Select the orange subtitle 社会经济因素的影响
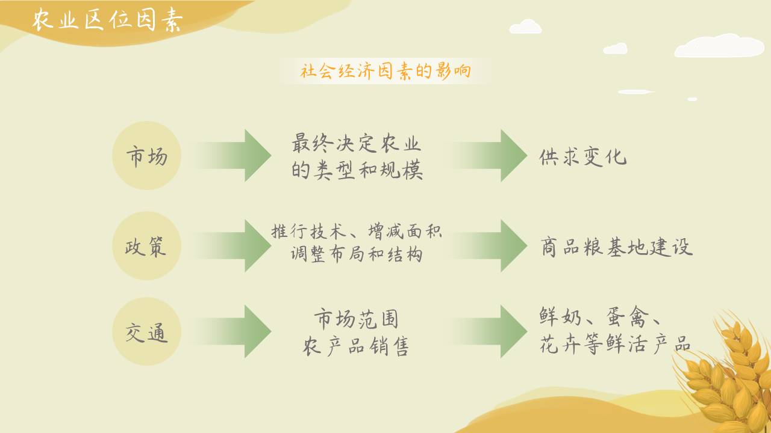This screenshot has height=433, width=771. pos(385,72)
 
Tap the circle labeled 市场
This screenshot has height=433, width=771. pos(146,156)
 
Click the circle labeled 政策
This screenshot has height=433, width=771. pos(146,246)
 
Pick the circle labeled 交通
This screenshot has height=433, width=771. pos(146,332)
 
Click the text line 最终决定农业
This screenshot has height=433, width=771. pos(357,144)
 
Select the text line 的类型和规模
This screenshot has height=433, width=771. pos(357,170)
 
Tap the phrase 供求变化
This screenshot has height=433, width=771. pos(583,157)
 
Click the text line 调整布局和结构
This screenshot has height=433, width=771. pos(357,254)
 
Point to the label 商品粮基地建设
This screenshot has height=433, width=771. pos(616,247)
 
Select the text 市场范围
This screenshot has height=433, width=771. pos(356,319)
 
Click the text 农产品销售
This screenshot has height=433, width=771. pos(356,346)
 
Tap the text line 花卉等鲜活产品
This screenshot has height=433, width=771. pos(614,345)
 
